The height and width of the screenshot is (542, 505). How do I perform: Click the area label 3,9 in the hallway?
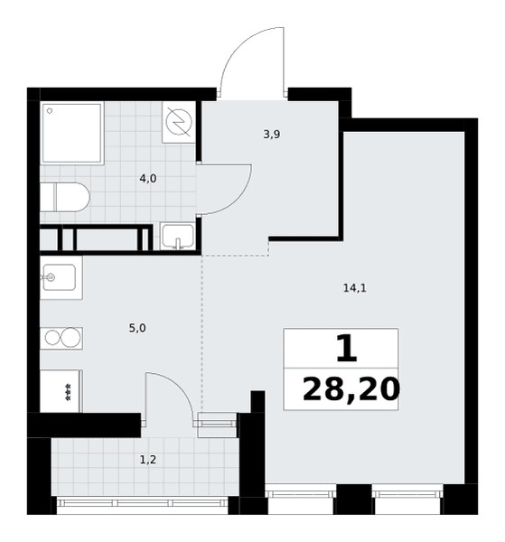272,134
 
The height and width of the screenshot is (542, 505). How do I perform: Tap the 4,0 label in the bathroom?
148,179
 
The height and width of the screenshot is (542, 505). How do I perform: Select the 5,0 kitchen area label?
137,328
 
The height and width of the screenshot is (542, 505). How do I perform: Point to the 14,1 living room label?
355,287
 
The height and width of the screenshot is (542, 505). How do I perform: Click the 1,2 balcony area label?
148,460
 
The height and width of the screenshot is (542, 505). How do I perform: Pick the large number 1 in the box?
346,349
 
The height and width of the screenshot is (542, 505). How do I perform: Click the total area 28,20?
351,389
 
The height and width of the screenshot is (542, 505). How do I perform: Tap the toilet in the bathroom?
65,197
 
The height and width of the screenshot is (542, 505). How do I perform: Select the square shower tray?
72,133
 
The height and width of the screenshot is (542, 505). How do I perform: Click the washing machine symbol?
179,122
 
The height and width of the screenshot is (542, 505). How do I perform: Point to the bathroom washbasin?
178,236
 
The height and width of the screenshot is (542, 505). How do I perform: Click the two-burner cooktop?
61,338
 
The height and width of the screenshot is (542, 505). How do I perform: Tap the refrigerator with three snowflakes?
61,391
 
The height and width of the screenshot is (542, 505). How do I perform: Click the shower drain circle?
50,111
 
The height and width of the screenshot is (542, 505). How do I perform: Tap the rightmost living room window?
407,491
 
